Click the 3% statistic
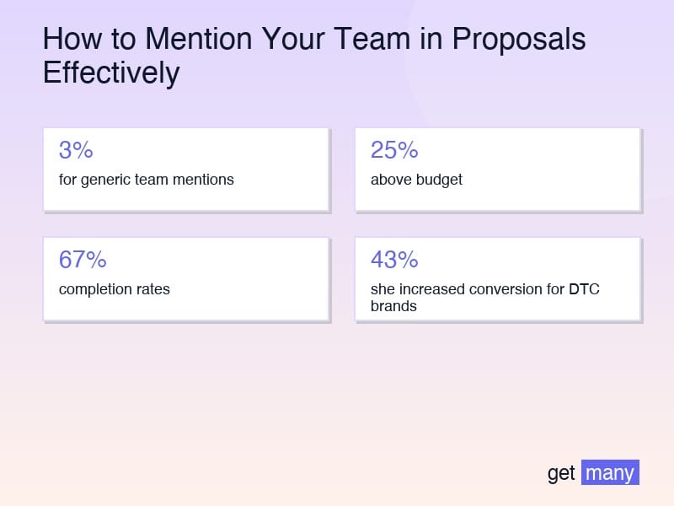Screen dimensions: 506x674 tap(76, 150)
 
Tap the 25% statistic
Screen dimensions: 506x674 tap(394, 150)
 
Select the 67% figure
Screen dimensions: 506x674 tap(83, 260)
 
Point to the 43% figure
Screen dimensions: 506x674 tap(394, 260)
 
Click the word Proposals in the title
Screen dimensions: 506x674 tap(519, 40)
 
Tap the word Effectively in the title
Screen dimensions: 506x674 tap(111, 73)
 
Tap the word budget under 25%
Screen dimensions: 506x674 tap(439, 180)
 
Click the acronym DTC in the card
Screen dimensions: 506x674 tap(584, 289)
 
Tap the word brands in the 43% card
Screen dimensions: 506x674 tap(393, 306)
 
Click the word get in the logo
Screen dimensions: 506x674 tap(561, 473)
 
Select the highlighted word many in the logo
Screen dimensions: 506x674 tap(610, 473)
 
